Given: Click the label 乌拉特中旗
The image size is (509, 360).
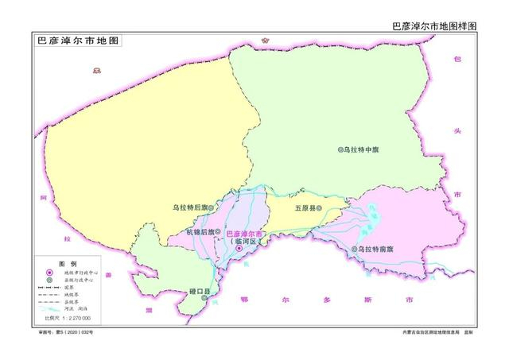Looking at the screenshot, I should [363, 149].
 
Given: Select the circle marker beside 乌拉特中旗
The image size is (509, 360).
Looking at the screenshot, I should [340, 149].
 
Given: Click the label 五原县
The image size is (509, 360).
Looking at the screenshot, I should [305, 208].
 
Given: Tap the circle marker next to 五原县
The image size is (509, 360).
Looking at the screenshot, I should [319, 208].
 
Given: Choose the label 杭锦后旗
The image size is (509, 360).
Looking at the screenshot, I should [200, 232].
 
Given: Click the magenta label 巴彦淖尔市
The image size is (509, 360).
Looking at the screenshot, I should [247, 234].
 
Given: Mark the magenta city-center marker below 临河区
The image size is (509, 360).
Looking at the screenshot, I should [238, 249].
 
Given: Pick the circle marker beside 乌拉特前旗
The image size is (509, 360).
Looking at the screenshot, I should [354, 250].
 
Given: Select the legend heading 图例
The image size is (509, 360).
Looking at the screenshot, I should [68, 263].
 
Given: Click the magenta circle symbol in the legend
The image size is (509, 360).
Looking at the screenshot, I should [48, 273].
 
